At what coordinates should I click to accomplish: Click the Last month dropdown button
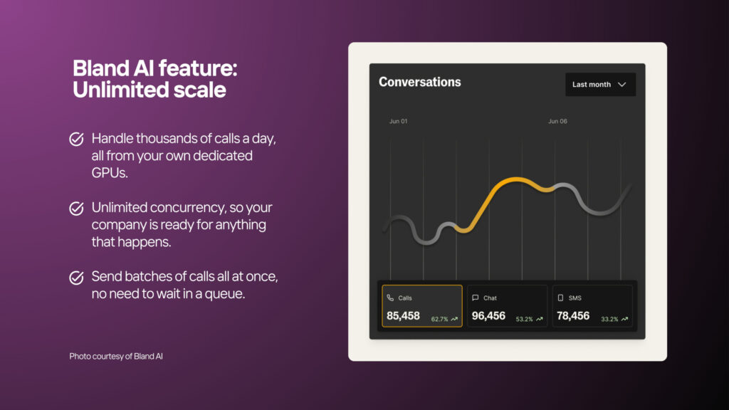coord(600,85)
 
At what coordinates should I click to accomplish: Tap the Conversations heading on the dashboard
coord(420,83)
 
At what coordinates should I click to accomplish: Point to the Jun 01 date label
coord(398,121)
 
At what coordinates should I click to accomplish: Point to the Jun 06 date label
coord(557,121)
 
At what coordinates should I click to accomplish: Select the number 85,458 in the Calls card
coord(403,316)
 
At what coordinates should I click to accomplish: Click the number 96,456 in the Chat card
coord(488,316)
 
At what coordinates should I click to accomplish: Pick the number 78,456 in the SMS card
coord(573,316)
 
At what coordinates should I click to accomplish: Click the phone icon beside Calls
coord(390,298)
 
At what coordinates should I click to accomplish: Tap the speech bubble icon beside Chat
coord(475,298)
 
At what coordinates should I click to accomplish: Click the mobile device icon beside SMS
coord(560,298)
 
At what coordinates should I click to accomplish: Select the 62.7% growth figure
coord(439,320)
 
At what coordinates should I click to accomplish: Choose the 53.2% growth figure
coord(524,320)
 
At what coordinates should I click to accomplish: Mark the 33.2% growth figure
coord(609,320)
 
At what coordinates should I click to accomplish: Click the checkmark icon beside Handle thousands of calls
coord(77,139)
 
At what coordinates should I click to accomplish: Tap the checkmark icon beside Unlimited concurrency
coord(77,209)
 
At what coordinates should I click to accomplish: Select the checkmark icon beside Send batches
coord(77,278)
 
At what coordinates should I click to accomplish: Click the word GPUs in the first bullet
coord(110,173)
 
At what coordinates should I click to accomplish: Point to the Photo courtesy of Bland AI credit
coord(116,357)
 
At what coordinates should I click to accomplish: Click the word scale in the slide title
coord(200,90)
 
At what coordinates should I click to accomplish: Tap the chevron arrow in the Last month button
coord(622,85)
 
